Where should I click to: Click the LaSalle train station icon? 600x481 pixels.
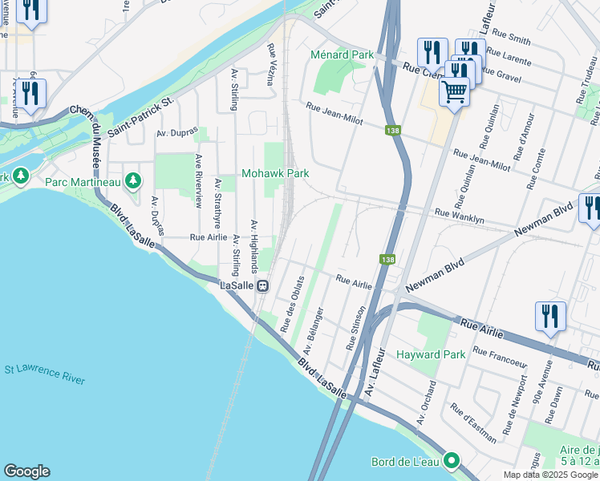click(262, 285)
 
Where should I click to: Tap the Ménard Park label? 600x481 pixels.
click(343, 55)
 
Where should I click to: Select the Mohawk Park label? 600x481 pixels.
click(275, 173)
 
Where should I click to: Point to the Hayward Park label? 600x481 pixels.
click(429, 354)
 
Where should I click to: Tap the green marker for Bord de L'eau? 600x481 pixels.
click(452, 461)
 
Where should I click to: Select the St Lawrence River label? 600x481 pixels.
click(45, 374)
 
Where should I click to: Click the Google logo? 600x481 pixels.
click(26, 471)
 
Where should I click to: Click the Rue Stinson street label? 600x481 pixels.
click(356, 327)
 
